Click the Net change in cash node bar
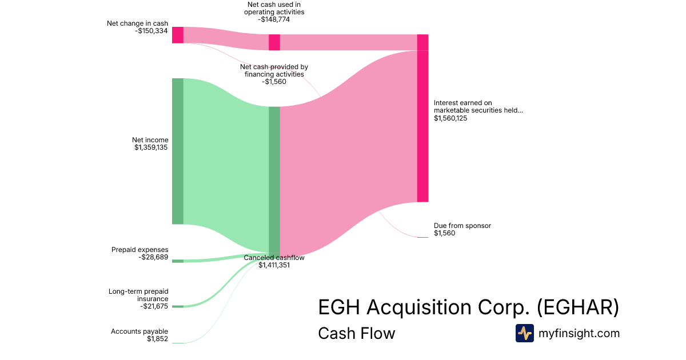[178, 35]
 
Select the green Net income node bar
[178, 151]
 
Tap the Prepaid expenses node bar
[178, 261]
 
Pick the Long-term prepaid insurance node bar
[178, 306]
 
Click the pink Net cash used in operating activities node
[274, 42]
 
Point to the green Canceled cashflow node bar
[274, 180]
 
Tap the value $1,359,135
[151, 147]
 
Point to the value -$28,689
[153, 258]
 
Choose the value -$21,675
[154, 306]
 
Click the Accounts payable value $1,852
[157, 339]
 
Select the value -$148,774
[274, 19]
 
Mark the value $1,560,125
[450, 118]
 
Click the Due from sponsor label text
[462, 226]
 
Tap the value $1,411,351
[274, 265]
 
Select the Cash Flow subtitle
[356, 333]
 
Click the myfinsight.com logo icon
[524, 333]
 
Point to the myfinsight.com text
[579, 333]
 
